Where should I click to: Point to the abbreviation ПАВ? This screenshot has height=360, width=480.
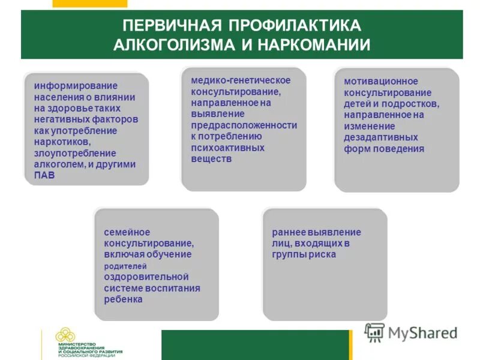pyautogui.click(x=45, y=175)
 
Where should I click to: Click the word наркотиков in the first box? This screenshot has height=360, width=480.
pyautogui.click(x=61, y=142)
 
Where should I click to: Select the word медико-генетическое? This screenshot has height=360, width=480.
pyautogui.click(x=241, y=80)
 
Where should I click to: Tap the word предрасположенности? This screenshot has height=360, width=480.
pyautogui.click(x=244, y=125)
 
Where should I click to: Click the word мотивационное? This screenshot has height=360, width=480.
pyautogui.click(x=381, y=81)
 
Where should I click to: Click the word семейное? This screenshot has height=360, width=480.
pyautogui.click(x=127, y=232)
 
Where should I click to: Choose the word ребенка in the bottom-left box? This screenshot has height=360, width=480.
pyautogui.click(x=123, y=299)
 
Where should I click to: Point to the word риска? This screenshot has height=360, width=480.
pyautogui.click(x=323, y=254)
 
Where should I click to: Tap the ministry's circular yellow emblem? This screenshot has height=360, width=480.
pyautogui.click(x=66, y=339)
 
